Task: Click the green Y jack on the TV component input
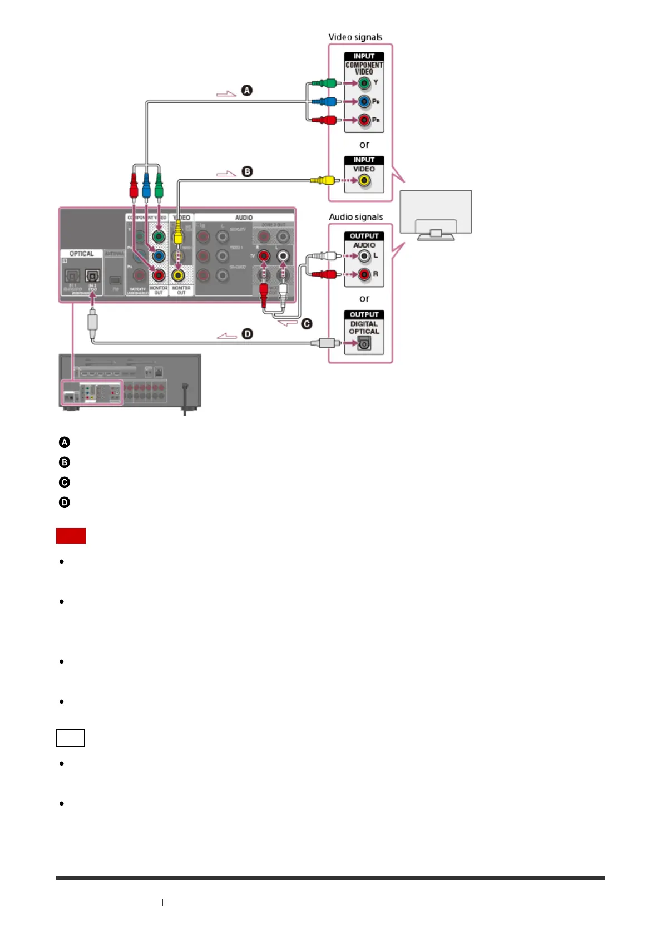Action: click(364, 83)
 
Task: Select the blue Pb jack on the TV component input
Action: click(364, 102)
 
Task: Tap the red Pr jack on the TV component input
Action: click(364, 120)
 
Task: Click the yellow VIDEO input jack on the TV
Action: click(364, 180)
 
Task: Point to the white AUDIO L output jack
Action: click(364, 256)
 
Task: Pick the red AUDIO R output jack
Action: click(364, 274)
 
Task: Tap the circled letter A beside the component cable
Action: click(246, 90)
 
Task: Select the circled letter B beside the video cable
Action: click(247, 171)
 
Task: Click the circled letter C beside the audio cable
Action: click(307, 324)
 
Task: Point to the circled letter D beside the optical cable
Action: click(247, 334)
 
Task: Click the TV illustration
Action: click(436, 214)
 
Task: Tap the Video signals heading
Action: click(355, 37)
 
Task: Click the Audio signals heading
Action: click(355, 217)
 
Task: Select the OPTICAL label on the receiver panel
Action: click(81, 254)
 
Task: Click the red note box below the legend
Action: click(71, 536)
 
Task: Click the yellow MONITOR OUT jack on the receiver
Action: click(178, 275)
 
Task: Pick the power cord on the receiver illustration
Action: click(185, 398)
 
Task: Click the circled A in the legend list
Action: click(65, 442)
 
